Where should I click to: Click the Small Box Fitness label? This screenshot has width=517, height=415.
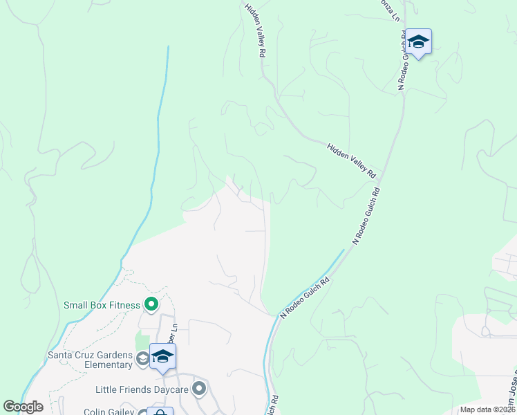(102, 305)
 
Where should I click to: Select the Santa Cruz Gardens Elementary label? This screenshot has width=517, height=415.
(89, 360)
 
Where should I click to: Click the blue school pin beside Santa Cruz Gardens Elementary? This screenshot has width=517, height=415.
(162, 357)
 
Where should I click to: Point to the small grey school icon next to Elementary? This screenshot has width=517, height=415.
(142, 358)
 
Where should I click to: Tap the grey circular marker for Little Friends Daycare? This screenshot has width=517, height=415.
(200, 389)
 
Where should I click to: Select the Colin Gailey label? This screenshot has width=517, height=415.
(109, 412)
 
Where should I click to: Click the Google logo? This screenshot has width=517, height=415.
(23, 407)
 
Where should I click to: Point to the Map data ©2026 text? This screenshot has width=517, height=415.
(487, 409)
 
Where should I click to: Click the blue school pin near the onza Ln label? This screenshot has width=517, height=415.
(418, 43)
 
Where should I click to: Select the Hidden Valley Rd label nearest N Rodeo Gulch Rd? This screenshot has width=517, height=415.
(351, 160)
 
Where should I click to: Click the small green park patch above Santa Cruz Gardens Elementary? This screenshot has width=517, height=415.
(142, 340)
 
